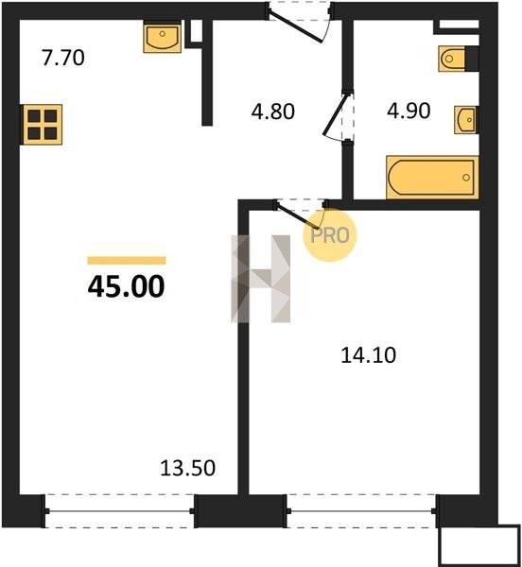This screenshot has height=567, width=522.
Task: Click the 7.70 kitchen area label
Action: point(63,58)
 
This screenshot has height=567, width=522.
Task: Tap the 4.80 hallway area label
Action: point(273,112)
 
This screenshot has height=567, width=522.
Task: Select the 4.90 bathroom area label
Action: point(409,111)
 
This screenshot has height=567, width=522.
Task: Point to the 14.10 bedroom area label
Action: point(369,355)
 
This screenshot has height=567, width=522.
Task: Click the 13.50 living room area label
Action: point(188,468)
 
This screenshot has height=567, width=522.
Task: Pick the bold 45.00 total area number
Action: point(127,286)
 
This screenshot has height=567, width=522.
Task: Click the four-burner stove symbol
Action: point(43,125)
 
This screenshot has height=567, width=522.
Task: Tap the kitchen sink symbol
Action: point(162,39)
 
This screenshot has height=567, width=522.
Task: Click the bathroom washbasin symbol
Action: point(466,120)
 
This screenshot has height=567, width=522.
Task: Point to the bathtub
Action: point(433,178)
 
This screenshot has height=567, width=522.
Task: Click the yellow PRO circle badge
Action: point(330,235)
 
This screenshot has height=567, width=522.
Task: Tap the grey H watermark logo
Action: point(260,279)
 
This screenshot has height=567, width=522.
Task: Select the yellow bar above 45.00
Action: point(127,261)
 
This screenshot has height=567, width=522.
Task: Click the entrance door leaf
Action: point(296,27)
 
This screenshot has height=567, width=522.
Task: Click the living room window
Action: point(120,511)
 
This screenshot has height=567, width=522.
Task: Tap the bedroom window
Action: point(361,511)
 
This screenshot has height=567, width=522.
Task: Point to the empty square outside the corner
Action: point(479,545)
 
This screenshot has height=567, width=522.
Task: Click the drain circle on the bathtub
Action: point(466,178)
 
